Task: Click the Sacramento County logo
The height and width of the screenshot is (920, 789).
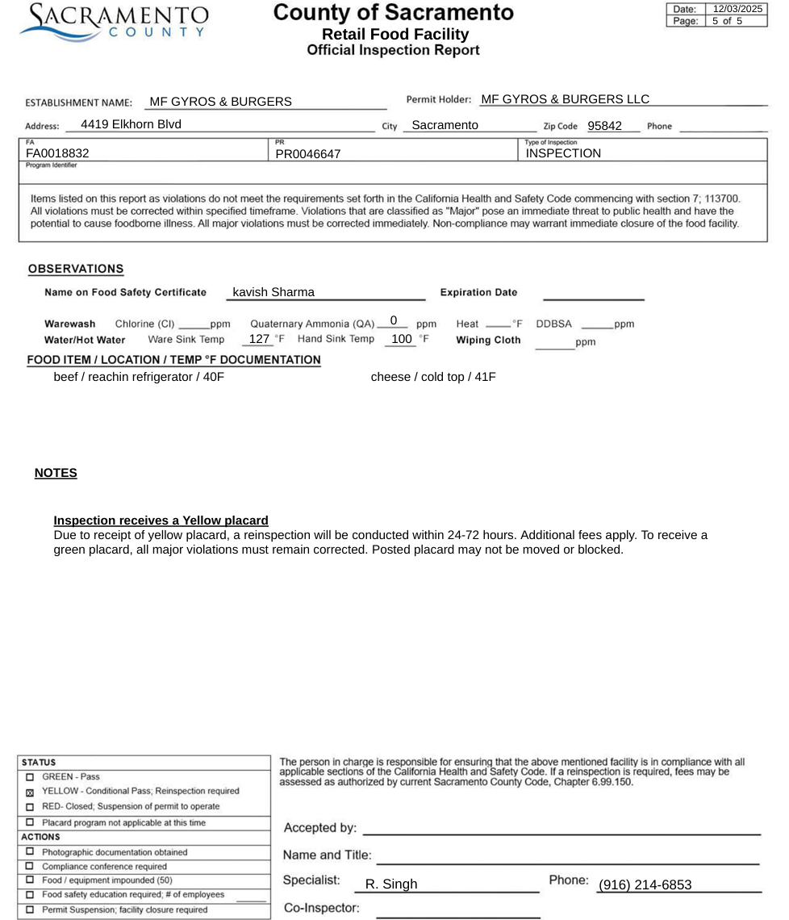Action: [114, 23]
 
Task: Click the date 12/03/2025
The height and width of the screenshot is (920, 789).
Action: [737, 9]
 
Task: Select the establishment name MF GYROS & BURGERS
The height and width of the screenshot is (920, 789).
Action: [221, 102]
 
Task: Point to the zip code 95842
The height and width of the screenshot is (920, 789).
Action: [604, 126]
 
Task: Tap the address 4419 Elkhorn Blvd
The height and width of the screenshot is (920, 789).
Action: [131, 124]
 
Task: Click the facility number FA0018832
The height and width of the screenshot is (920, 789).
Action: [57, 153]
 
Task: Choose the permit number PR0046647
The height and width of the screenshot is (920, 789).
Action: [308, 153]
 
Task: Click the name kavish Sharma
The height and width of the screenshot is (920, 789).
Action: [273, 292]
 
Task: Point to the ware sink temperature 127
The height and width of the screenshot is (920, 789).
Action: [259, 339]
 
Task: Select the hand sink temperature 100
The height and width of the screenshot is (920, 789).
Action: [401, 339]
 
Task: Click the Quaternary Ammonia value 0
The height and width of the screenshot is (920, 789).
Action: [393, 320]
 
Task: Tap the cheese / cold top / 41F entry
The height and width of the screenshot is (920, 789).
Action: [433, 377]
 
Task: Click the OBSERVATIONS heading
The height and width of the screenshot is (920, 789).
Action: [76, 269]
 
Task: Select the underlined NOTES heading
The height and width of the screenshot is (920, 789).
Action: [56, 473]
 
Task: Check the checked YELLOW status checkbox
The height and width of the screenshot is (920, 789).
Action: [30, 792]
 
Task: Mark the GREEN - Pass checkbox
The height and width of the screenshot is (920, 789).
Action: [30, 777]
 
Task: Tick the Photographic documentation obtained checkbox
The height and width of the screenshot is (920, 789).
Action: [30, 852]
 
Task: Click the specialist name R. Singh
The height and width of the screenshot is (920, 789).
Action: [391, 884]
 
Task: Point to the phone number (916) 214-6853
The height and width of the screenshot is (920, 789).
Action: [645, 885]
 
